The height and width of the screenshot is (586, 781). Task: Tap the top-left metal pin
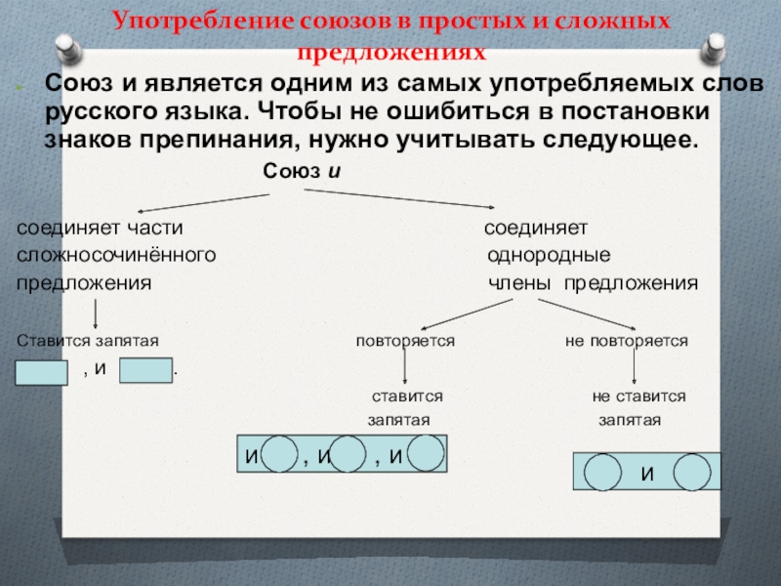pyautogui.click(x=67, y=46)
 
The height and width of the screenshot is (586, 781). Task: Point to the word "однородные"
pyautogui.click(x=550, y=256)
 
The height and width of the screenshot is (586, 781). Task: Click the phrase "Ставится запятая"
pyautogui.click(x=89, y=342)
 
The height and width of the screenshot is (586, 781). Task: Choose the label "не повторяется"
pyautogui.click(x=627, y=342)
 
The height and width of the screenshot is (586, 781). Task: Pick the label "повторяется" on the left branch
pyautogui.click(x=405, y=342)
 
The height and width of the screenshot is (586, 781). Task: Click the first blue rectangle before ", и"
pyautogui.click(x=41, y=372)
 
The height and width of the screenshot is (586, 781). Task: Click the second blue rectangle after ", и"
pyautogui.click(x=144, y=371)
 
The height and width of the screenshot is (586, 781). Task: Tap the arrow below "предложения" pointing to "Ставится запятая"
pyautogui.click(x=96, y=314)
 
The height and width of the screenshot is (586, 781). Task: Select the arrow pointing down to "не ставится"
pyautogui.click(x=635, y=365)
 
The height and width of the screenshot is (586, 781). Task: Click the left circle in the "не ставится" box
pyautogui.click(x=601, y=473)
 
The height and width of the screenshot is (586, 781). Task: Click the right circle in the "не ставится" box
pyautogui.click(x=692, y=473)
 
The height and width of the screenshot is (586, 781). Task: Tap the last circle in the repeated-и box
pyautogui.click(x=426, y=453)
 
